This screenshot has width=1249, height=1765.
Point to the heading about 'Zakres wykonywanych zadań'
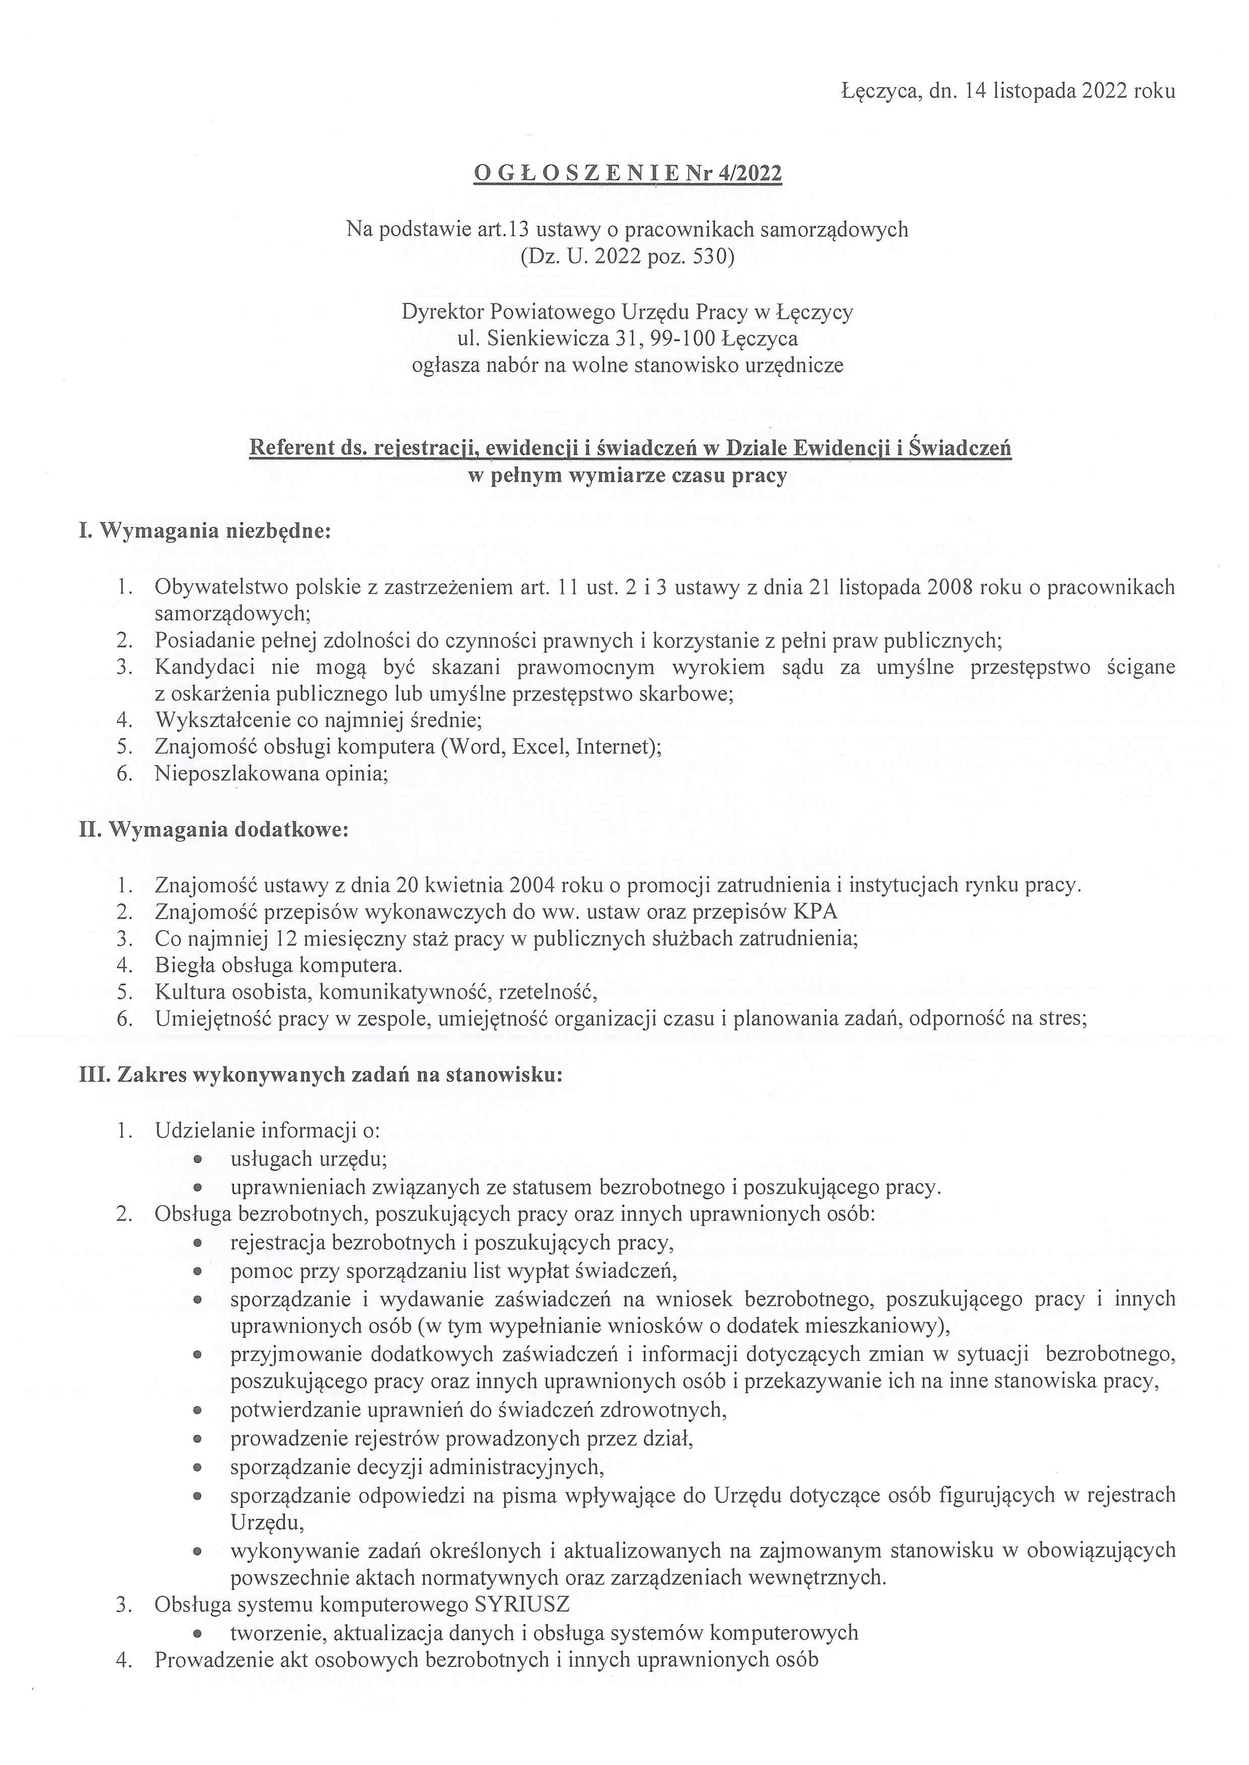point(321,1075)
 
